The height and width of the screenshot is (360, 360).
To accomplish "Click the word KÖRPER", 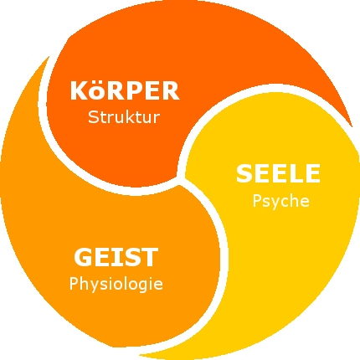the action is point(125,90).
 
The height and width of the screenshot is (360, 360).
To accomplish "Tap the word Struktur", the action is point(124,117).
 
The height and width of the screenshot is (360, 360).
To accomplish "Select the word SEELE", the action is point(278,173).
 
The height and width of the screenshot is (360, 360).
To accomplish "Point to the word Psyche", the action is point(281,202).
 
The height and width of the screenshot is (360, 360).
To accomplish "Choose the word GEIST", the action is point(116,257).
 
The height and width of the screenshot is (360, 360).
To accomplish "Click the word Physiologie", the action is point(116,284).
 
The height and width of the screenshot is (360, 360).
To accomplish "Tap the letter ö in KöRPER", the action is point(97,91).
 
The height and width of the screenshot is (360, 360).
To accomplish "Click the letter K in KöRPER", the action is point(80,90).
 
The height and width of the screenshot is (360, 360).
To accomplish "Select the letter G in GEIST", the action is point(83,257).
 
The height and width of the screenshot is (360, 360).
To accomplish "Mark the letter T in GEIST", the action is point(150,257).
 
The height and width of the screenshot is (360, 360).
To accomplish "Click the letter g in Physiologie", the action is point(144,286).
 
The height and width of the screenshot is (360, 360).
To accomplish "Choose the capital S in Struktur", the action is point(93,117).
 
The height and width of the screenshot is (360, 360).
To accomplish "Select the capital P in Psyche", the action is point(257,201).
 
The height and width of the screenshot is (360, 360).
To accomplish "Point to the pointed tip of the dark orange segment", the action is point(352,126).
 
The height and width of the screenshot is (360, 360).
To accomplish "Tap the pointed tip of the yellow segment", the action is point(140,355).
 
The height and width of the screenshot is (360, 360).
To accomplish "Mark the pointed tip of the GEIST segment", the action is point(49,57).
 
